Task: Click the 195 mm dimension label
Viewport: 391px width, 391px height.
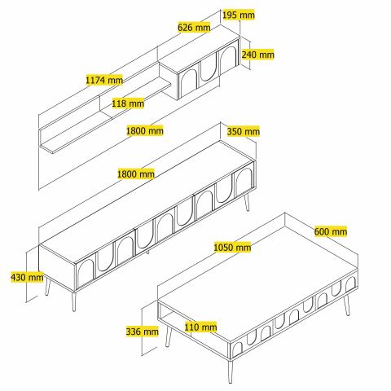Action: click(x=239, y=15)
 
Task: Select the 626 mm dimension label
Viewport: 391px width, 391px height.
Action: click(x=194, y=27)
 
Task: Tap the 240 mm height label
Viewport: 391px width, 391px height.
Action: click(x=257, y=55)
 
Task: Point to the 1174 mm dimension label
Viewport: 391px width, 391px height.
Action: click(x=104, y=80)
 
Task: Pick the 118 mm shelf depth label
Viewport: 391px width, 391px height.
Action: click(x=128, y=103)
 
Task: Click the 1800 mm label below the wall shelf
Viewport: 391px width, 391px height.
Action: click(x=145, y=131)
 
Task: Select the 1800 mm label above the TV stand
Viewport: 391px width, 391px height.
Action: click(x=136, y=174)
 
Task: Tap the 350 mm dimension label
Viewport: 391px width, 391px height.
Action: click(x=244, y=132)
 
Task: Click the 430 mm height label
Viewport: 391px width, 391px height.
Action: click(x=27, y=278)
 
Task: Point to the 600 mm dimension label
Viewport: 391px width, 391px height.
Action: click(x=331, y=231)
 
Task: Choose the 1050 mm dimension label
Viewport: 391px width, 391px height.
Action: click(x=232, y=248)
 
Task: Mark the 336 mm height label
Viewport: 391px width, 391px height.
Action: click(x=142, y=332)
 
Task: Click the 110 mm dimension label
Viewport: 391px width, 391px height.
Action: click(x=200, y=327)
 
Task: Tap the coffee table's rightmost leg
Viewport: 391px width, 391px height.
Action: click(x=347, y=305)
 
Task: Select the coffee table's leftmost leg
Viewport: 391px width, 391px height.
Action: click(x=169, y=336)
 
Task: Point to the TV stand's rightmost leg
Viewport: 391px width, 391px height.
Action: click(x=247, y=202)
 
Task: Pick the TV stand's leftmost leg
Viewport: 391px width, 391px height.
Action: click(x=48, y=287)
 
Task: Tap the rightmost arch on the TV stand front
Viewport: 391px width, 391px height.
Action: click(x=244, y=182)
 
